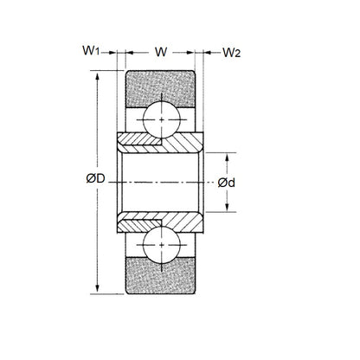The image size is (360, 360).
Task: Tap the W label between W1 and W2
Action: coord(161,51)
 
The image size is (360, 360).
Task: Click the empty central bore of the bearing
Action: coord(161,183)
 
